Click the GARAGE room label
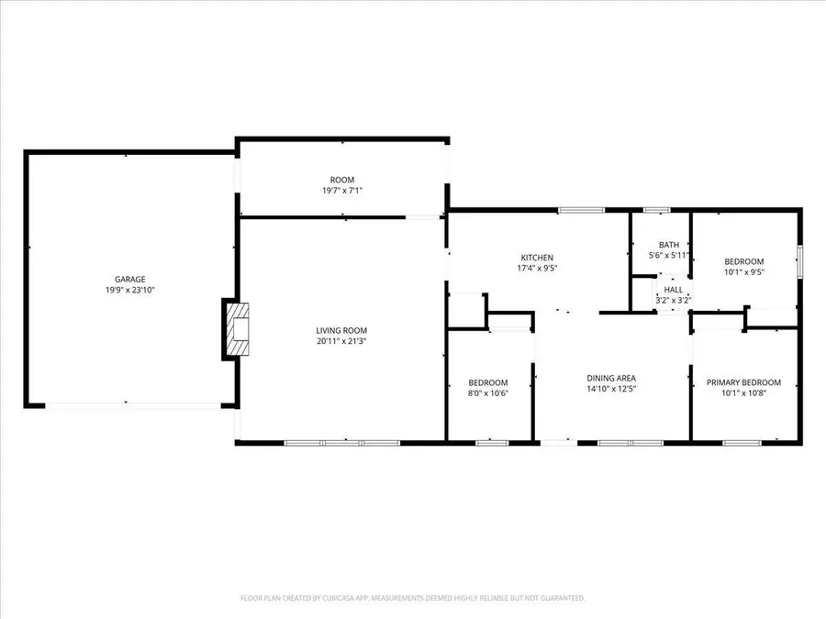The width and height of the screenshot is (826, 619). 129,279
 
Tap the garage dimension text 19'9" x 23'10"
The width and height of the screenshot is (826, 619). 129,290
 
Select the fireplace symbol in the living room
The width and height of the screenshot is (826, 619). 236,329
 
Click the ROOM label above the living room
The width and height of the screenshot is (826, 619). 342,180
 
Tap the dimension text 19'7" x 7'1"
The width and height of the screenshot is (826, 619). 342,191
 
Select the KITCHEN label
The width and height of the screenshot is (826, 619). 537,258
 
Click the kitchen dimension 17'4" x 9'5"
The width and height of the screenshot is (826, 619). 537,269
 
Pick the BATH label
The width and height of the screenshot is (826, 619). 668,245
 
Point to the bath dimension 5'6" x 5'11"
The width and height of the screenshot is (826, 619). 668,256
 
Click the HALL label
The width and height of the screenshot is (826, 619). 673,289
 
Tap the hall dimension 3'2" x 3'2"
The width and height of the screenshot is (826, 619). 673,300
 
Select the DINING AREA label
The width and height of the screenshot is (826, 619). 611,378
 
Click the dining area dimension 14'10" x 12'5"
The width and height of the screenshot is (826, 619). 611,389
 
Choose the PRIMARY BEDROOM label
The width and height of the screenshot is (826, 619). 743,382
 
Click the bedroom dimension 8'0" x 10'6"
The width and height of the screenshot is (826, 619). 487,393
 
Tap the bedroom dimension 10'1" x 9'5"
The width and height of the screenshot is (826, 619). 744,271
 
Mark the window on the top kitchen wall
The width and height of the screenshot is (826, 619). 575,210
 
